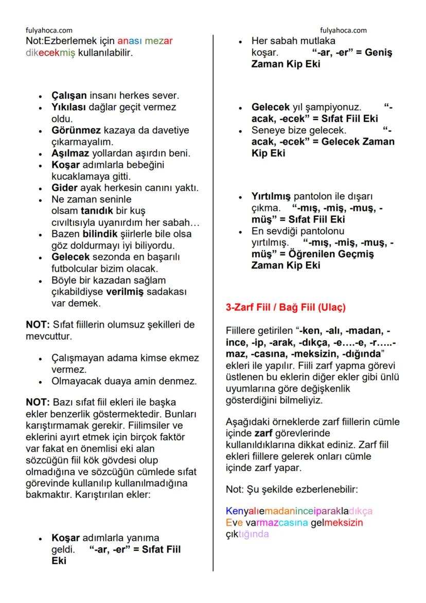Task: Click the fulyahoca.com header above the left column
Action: [x=49, y=30]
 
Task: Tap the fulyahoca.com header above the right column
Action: [x=343, y=30]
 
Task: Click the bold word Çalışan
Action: [x=69, y=96]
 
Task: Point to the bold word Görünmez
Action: [x=75, y=130]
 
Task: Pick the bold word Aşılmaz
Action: [x=70, y=153]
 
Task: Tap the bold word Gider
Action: [x=64, y=188]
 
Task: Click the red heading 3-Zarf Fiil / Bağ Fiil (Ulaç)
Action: [x=286, y=308]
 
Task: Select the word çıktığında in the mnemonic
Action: [x=247, y=534]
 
